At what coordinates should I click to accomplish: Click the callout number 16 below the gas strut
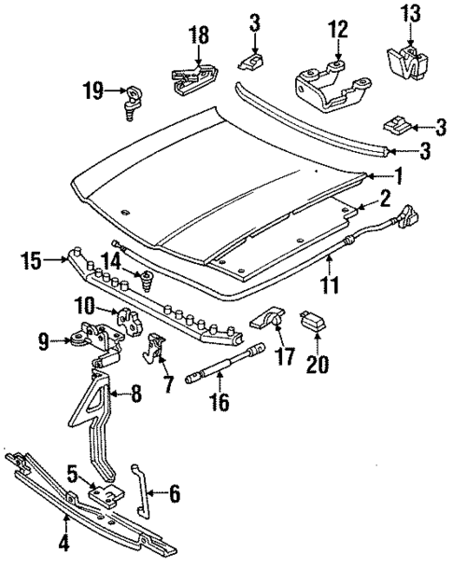pos(220,404)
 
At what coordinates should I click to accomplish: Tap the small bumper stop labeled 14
pos(145,278)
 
